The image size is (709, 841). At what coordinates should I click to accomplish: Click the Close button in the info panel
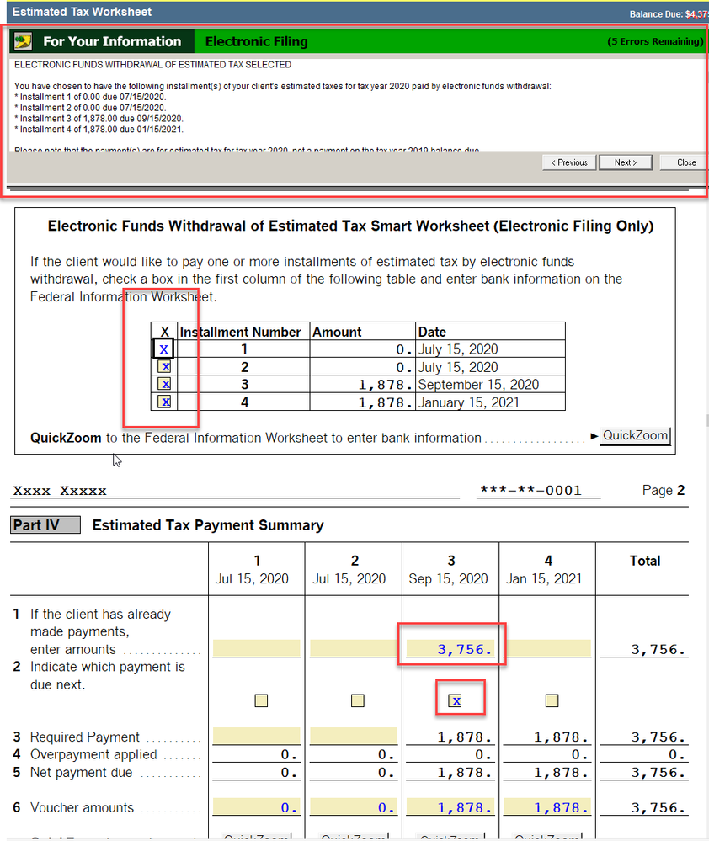[x=686, y=162]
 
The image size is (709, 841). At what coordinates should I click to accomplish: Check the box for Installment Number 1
[x=164, y=349]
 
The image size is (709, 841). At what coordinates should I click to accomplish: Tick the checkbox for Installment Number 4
[x=165, y=402]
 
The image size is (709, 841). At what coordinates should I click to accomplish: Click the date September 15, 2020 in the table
[x=477, y=385]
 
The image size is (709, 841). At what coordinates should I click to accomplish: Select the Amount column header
[x=337, y=332]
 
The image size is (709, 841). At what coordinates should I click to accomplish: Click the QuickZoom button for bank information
[x=635, y=436]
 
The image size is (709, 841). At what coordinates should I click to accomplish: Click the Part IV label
[x=45, y=525]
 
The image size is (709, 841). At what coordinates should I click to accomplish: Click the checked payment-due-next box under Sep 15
[x=456, y=700]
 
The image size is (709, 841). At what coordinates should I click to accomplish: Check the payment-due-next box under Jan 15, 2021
[x=552, y=700]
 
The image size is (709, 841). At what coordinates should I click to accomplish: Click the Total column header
[x=645, y=561]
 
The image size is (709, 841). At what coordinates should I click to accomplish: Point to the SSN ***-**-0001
[x=530, y=491]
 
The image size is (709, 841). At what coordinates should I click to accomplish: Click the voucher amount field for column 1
[x=256, y=808]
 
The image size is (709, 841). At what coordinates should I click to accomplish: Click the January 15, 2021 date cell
[x=470, y=402]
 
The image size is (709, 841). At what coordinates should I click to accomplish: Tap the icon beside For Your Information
[x=24, y=41]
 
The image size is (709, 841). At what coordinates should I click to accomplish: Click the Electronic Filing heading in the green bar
[x=257, y=41]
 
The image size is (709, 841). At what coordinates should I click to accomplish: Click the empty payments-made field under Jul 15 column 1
[x=256, y=649]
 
